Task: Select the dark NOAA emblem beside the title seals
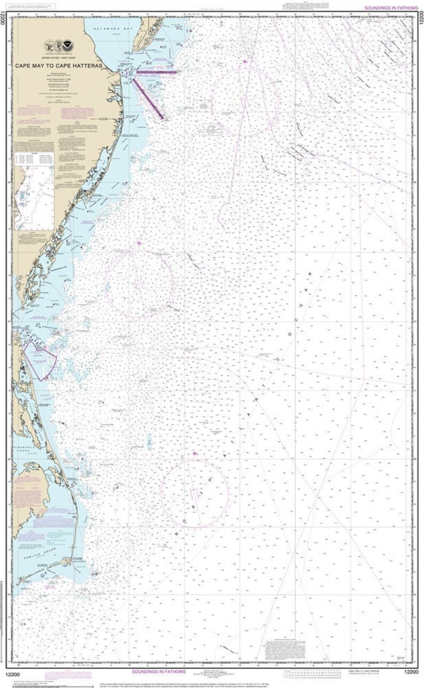pos(68,46)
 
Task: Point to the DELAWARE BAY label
pos(107,27)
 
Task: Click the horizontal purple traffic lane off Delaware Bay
pos(156,71)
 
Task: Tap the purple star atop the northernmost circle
pos(245,63)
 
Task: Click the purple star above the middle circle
pos(138,243)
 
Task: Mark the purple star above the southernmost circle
pos(195,454)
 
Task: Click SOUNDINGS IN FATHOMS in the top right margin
pos(391,8)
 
